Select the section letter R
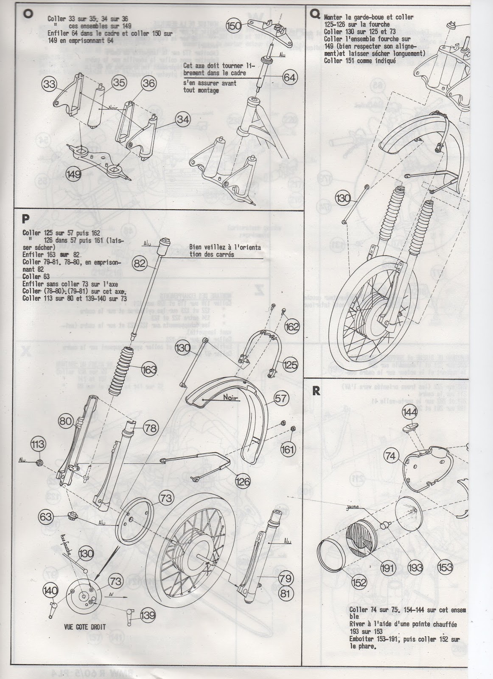point(315,391)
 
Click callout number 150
point(234,26)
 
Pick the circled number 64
point(290,78)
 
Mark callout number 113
point(37,445)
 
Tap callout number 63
point(46,517)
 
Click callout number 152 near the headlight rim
point(359,583)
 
